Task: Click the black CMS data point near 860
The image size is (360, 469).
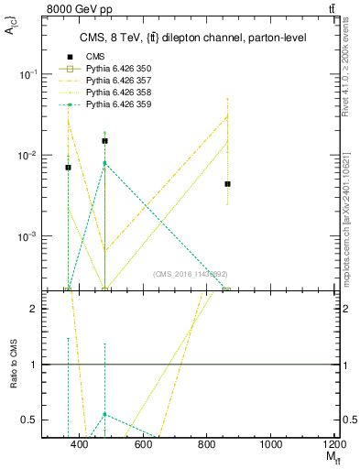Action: [227, 184]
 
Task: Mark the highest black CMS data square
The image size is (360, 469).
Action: [105, 141]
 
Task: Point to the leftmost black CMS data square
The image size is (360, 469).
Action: [68, 168]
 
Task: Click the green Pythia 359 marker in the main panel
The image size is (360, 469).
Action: [105, 163]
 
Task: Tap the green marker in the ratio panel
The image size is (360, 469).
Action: [105, 414]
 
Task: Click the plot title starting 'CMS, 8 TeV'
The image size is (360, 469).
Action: [192, 38]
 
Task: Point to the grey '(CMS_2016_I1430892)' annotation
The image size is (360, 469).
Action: [190, 273]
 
